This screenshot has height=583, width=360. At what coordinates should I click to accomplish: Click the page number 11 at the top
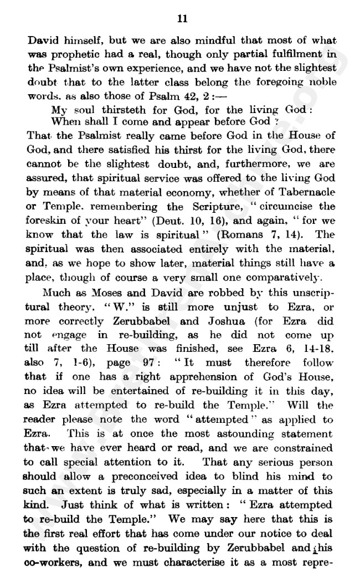coord(182,18)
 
